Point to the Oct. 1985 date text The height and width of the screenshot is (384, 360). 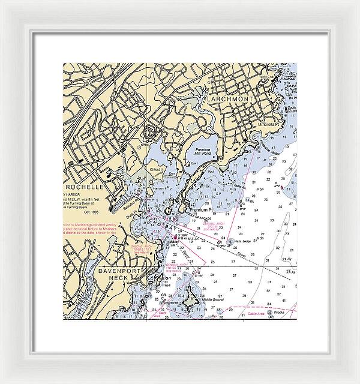pos(92,213)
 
